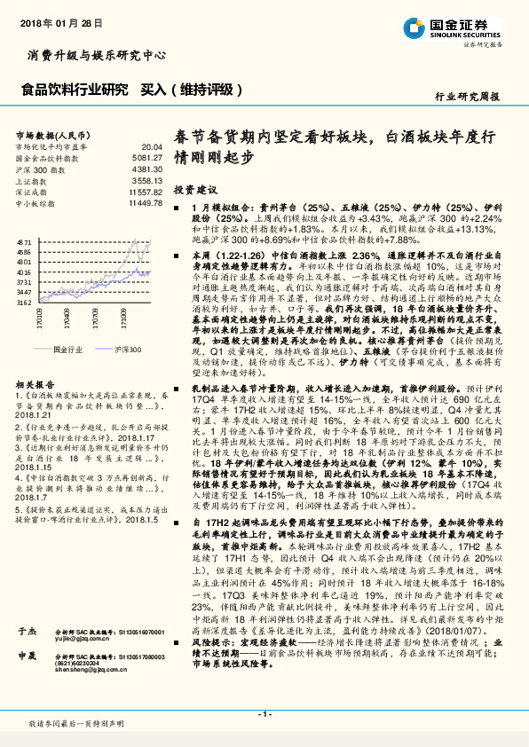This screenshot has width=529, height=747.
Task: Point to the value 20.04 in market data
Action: point(152,146)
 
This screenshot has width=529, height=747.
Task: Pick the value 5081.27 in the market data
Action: point(147,157)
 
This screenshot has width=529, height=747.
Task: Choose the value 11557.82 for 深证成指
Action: point(146,192)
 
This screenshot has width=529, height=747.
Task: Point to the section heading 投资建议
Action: point(195,190)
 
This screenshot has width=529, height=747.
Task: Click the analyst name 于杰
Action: point(26,605)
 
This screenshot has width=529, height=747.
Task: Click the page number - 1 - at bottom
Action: point(264,714)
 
